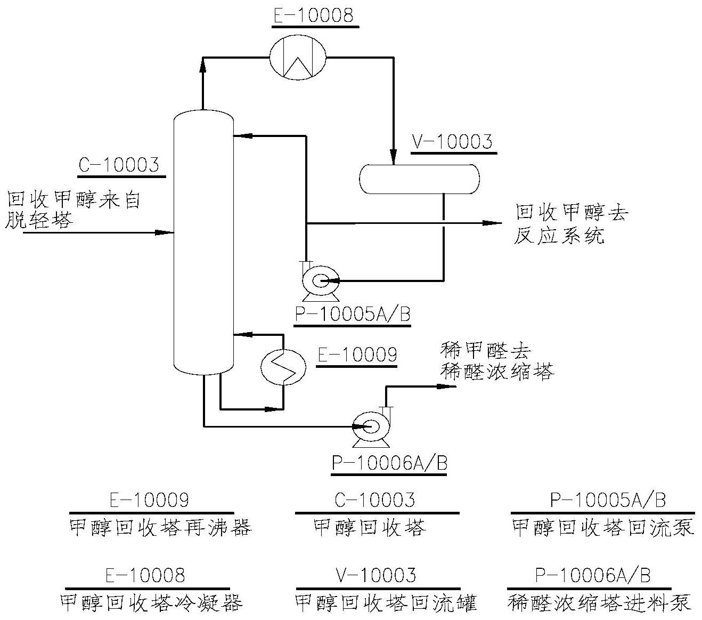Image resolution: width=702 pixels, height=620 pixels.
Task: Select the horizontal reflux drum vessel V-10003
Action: coord(419,179)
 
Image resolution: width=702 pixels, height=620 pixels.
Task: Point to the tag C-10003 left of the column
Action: coord(119,165)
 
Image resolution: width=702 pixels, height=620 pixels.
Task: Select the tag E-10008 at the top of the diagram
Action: coord(313,15)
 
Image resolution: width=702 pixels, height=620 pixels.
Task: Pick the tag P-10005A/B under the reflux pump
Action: coord(353,315)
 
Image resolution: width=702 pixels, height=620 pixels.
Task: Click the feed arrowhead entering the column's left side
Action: coord(166,232)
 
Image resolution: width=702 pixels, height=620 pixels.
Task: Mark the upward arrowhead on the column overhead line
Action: coord(203,65)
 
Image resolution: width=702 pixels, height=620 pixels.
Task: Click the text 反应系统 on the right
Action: coord(559,236)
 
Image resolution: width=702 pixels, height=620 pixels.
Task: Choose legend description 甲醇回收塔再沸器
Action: coord(160,528)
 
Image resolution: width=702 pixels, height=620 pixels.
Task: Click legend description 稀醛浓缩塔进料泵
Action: coord(600,602)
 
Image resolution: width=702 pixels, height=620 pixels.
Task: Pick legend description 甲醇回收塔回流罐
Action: coord(386,602)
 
